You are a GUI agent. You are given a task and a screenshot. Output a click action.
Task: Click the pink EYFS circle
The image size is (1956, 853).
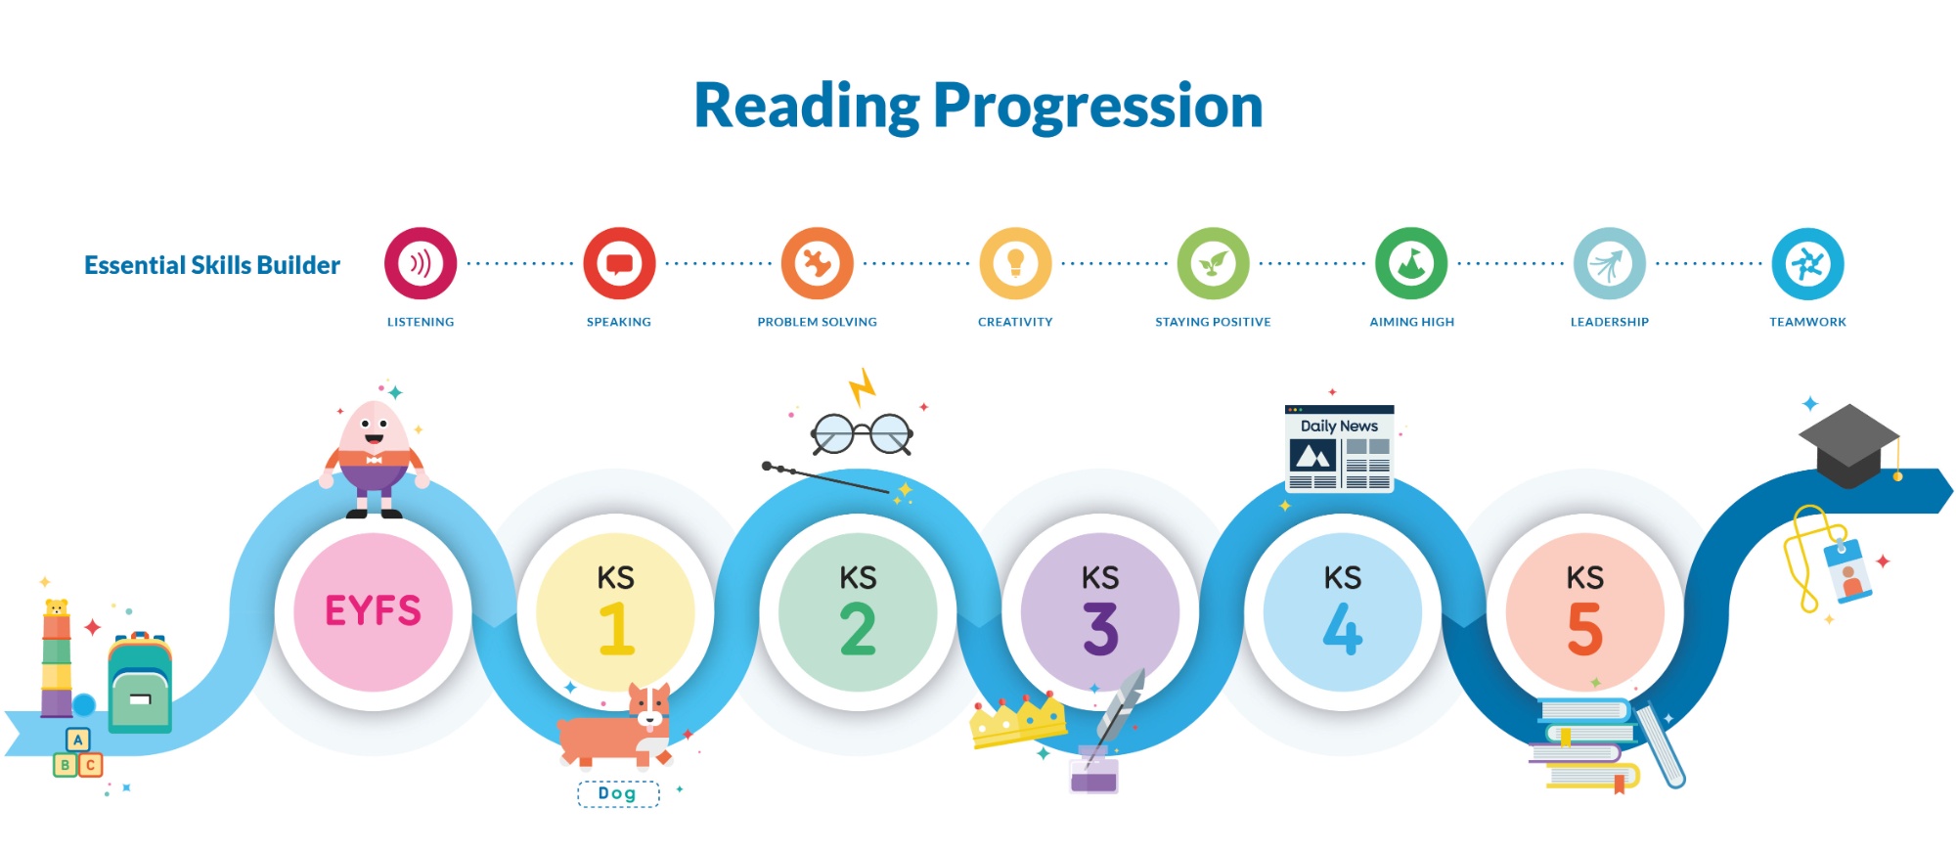(374, 612)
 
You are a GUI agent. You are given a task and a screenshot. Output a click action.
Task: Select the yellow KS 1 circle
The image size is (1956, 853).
(615, 612)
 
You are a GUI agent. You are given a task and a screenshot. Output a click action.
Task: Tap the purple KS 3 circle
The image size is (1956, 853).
(1100, 612)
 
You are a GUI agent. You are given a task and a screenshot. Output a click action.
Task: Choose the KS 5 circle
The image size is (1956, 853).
(1585, 612)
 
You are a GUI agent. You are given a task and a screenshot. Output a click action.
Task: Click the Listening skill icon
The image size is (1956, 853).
(421, 263)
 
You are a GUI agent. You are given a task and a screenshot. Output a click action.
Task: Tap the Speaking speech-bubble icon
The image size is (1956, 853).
(619, 263)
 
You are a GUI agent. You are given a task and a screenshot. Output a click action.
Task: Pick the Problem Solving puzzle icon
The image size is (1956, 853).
(818, 263)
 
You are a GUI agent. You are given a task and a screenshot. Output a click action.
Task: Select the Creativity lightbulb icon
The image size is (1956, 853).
(1016, 263)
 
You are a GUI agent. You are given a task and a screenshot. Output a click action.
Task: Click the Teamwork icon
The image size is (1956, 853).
(1808, 263)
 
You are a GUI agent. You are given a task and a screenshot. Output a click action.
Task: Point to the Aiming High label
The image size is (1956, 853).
(1412, 322)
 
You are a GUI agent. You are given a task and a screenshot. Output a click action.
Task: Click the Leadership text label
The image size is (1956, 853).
(1610, 322)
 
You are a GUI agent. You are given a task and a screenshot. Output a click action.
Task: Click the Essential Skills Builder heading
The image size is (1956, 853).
(212, 265)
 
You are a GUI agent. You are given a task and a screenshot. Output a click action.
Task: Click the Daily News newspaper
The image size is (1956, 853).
(1339, 448)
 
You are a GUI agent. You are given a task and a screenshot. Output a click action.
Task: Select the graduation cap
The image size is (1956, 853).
(1849, 445)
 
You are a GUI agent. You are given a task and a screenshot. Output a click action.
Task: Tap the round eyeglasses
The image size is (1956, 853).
(862, 433)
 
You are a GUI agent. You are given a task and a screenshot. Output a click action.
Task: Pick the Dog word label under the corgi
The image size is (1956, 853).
(618, 793)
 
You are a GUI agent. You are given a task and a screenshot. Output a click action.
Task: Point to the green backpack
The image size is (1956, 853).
(140, 683)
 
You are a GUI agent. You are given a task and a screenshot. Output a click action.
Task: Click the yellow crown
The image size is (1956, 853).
(1018, 722)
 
